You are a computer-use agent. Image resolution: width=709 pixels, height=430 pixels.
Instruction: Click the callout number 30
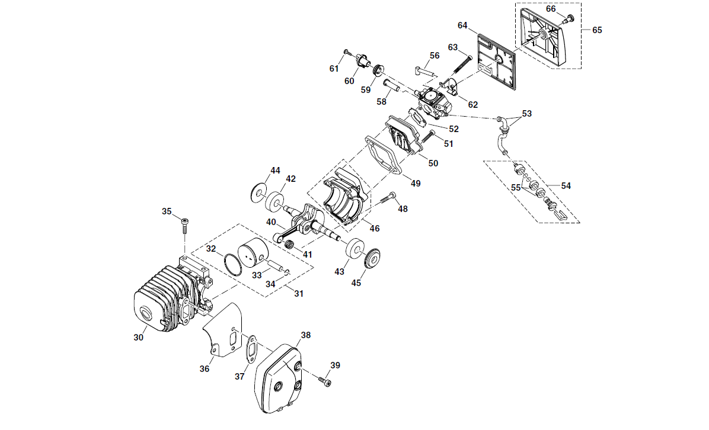(x=138, y=338)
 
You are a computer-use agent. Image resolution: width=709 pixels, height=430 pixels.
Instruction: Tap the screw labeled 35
(x=184, y=225)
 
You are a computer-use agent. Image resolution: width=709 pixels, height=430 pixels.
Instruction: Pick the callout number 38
(x=306, y=335)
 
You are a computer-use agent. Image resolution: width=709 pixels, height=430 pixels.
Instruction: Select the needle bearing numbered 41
(x=289, y=246)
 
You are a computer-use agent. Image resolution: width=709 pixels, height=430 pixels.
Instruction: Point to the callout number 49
(x=416, y=184)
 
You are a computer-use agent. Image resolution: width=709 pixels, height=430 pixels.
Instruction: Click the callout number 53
(x=527, y=113)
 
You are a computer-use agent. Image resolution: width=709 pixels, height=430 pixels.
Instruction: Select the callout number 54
(x=566, y=185)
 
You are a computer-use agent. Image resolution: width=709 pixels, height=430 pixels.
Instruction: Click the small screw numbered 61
(x=347, y=52)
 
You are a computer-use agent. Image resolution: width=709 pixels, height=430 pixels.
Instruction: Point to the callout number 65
(x=597, y=30)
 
